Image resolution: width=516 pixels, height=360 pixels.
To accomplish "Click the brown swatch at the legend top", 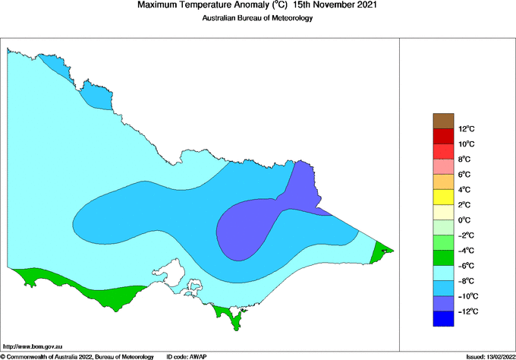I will pyautogui.click(x=443, y=121).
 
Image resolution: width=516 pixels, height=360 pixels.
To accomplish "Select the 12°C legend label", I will pyautogui.click(x=466, y=128).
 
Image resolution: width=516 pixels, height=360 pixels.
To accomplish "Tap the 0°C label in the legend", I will pyautogui.click(x=465, y=220).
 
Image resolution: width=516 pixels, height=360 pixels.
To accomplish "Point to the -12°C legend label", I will pyautogui.click(x=467, y=311).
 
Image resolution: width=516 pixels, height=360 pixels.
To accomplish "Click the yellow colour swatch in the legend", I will pyautogui.click(x=443, y=197).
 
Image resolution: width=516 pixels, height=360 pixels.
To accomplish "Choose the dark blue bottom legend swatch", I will pyautogui.click(x=443, y=319).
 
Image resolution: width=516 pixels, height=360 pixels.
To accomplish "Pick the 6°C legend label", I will pyautogui.click(x=464, y=174).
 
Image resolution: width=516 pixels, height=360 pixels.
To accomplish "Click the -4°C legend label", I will pyautogui.click(x=466, y=251).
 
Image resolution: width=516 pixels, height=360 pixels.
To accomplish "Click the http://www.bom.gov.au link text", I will pyautogui.click(x=33, y=346).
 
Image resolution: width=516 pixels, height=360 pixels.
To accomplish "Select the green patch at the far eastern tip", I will pyautogui.click(x=379, y=251).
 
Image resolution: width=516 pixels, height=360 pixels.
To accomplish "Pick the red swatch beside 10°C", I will pyautogui.click(x=443, y=136).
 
